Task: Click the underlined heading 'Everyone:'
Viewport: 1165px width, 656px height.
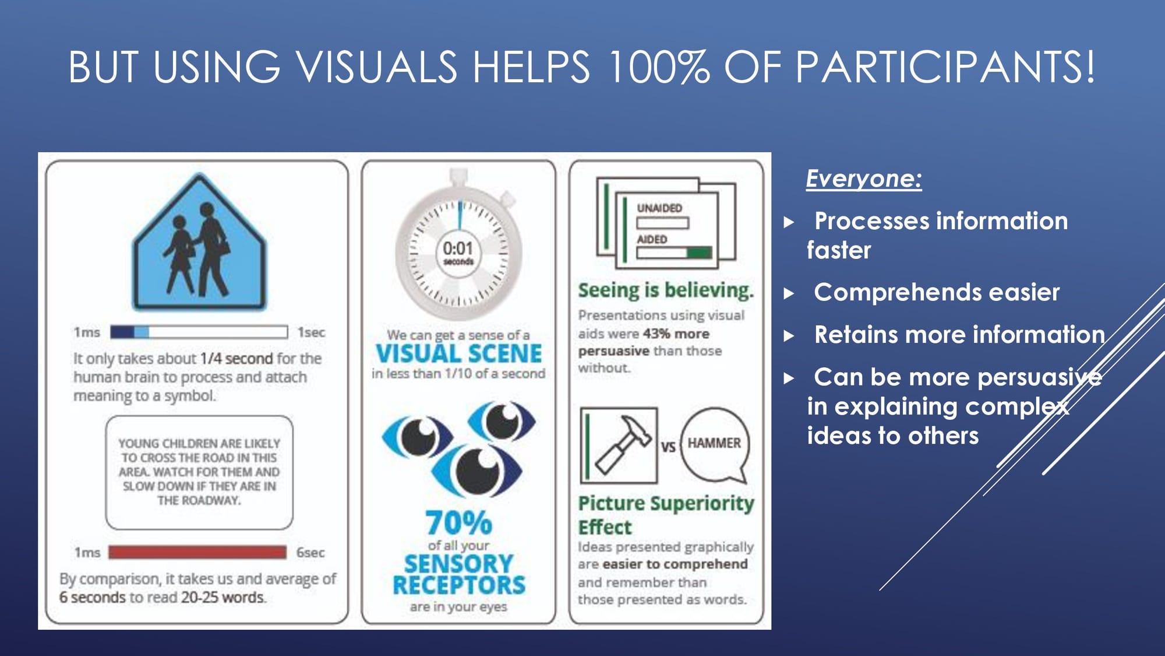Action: click(864, 178)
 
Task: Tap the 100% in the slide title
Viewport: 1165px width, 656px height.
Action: click(658, 66)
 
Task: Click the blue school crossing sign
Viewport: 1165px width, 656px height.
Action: click(199, 241)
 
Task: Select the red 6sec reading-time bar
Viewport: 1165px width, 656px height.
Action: click(197, 552)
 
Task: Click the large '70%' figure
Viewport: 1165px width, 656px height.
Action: click(458, 522)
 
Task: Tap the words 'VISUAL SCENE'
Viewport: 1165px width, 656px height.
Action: click(458, 353)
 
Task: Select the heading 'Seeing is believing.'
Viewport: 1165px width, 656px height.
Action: click(666, 290)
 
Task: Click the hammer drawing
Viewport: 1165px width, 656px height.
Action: click(622, 445)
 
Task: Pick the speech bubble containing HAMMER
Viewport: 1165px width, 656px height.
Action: click(714, 445)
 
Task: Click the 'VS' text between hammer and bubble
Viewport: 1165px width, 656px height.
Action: click(668, 447)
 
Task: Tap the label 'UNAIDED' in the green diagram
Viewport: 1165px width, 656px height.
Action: click(659, 208)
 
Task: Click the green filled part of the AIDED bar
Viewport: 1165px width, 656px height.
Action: click(699, 252)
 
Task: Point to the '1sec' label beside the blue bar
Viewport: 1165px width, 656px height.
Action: click(311, 332)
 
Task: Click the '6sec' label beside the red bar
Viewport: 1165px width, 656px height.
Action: click(310, 552)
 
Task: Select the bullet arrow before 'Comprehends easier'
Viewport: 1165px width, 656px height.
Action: click(789, 293)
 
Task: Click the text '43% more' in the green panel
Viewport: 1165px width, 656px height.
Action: click(676, 334)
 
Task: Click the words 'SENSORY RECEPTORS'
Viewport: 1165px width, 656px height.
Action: click(459, 574)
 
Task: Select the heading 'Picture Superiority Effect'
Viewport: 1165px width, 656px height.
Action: click(666, 515)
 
